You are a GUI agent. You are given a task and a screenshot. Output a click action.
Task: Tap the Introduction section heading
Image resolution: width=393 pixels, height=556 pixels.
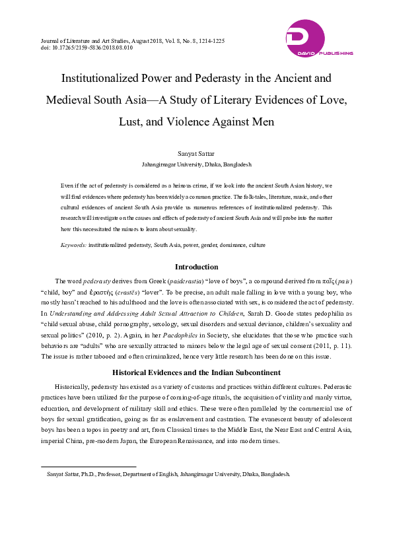coord(196,267)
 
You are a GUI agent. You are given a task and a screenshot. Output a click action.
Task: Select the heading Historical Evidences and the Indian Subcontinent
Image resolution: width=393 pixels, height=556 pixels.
coord(196,372)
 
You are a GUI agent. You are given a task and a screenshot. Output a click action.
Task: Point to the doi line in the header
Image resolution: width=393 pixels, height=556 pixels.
coord(77,48)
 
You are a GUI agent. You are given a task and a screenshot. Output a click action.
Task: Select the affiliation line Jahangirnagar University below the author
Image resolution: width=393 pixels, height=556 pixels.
coord(196,164)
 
